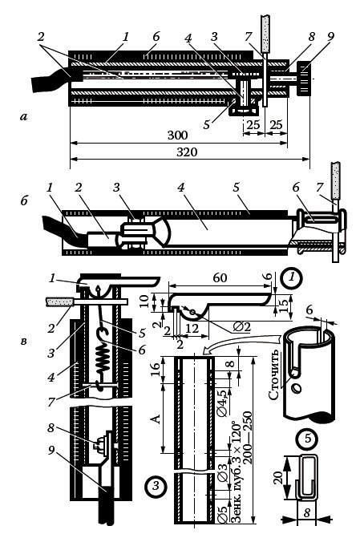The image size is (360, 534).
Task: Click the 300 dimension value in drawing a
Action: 177,136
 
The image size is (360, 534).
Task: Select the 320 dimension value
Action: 187,152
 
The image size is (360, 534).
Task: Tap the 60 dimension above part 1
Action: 220,277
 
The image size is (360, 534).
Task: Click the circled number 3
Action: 156,485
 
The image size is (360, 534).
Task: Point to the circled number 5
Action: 308,438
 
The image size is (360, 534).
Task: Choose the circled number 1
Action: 292,277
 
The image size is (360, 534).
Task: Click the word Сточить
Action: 275,374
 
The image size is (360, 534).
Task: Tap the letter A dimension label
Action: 155,419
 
